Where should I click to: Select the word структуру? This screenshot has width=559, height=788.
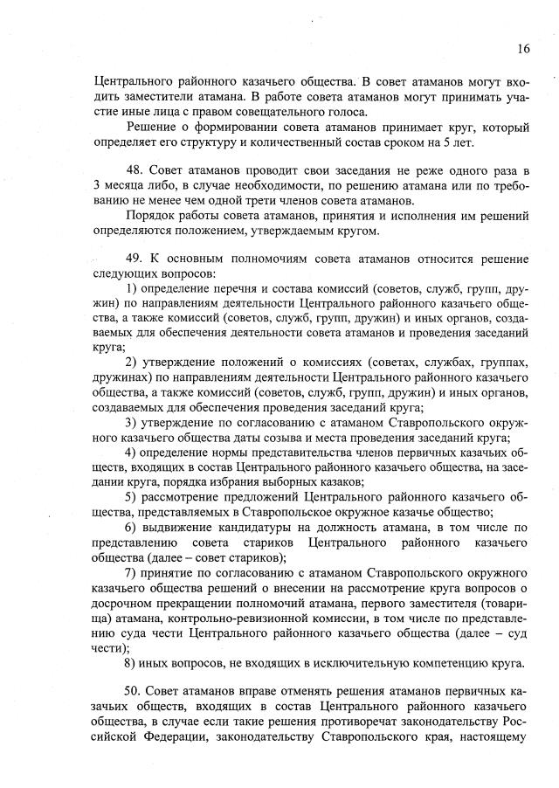236,142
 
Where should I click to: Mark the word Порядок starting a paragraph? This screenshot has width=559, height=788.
151,214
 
